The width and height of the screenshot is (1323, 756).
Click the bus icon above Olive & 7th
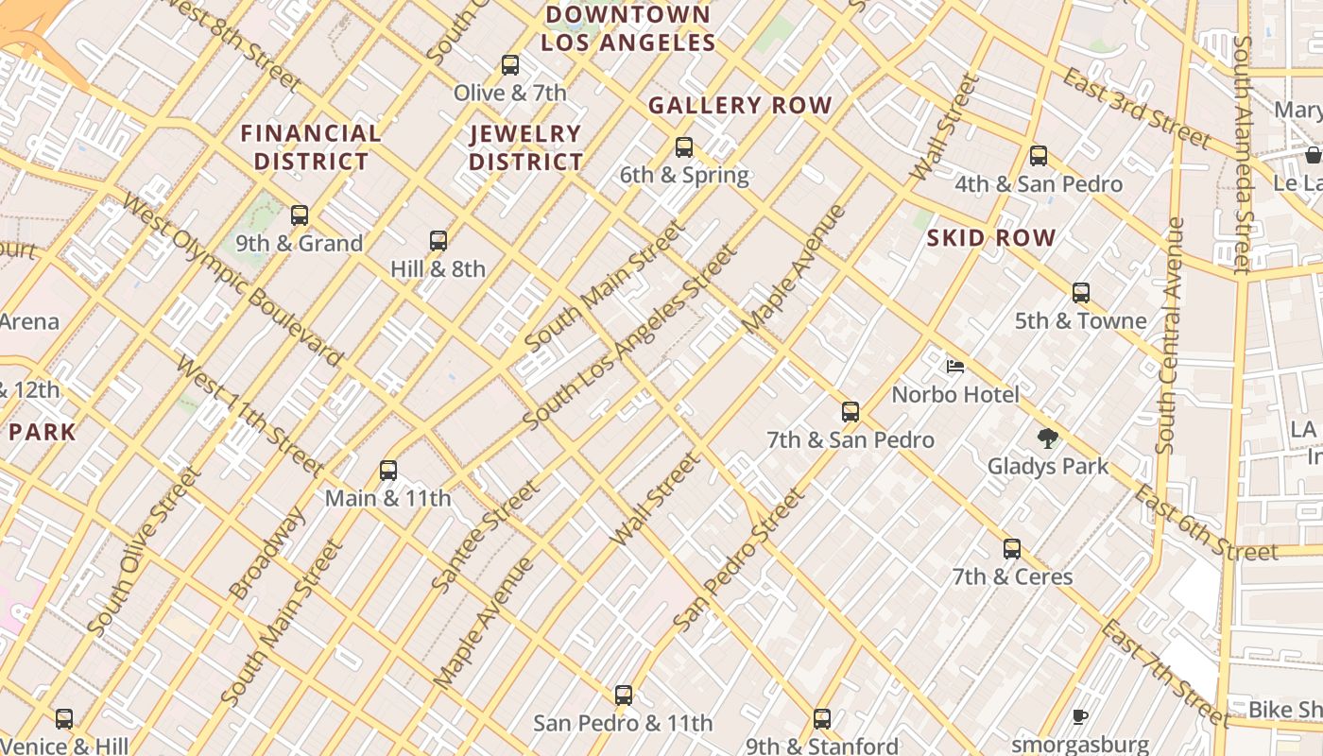pos(510,65)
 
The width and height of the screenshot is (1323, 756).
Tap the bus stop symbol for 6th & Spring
pos(684,147)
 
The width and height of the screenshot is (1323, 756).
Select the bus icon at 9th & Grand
pos(300,215)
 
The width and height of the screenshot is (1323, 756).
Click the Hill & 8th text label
pos(438,268)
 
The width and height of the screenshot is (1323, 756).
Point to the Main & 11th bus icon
pos(388,471)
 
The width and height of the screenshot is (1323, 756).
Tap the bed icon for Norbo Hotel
pos(955,367)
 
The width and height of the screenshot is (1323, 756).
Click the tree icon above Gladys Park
pos(1047,438)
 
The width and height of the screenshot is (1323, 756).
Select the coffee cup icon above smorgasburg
pos(1080,717)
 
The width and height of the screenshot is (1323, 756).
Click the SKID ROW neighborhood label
pos(990,238)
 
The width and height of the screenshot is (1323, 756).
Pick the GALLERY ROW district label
pos(740,106)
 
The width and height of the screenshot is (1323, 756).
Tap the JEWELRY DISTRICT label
pos(525,147)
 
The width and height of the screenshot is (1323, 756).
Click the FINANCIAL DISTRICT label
pos(311,147)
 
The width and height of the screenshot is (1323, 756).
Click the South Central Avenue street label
pos(1170,335)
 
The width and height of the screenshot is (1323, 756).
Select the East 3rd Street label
pos(1136,109)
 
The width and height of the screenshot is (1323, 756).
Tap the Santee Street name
pos(486,536)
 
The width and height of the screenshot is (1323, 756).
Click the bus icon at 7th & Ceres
pos(1012,549)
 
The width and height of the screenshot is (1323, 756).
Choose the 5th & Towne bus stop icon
pos(1081,293)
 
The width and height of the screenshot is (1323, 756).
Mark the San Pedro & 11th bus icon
pos(624,696)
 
